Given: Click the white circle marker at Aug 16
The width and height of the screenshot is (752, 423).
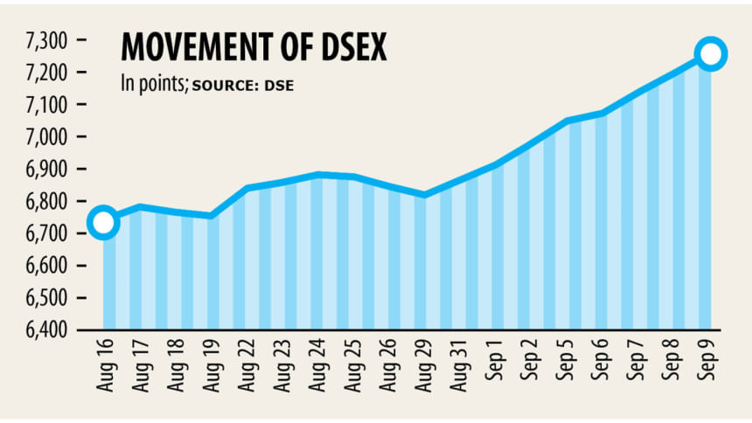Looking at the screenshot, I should tap(102, 222).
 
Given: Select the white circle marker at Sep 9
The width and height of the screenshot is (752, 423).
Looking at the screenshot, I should tap(711, 54).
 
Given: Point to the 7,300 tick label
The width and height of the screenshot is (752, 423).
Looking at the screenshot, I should tap(46, 40).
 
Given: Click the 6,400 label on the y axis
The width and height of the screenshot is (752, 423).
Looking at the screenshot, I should tap(46, 330).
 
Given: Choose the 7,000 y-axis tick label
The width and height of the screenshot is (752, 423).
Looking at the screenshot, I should tap(46, 137).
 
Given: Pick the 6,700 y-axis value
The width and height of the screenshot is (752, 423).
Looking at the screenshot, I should tap(46, 233).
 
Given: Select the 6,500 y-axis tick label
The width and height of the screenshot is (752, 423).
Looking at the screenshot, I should tap(46, 298).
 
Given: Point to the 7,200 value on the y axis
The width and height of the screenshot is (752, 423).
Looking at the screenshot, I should tap(46, 73).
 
